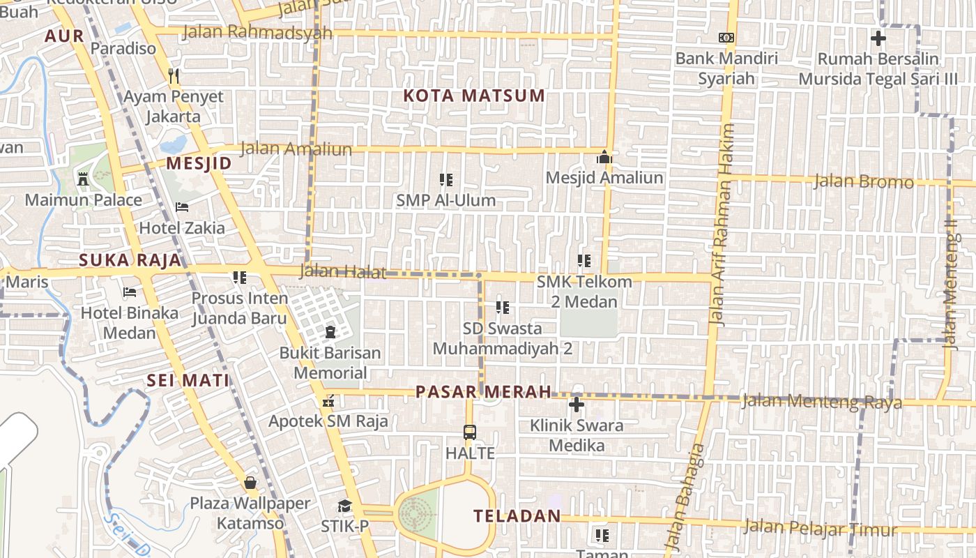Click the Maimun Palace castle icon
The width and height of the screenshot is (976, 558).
coord(83,179)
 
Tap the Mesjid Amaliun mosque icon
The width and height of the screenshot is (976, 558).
coord(604,157)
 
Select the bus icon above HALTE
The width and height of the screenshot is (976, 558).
coord(470,432)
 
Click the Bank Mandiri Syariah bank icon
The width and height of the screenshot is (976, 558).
coord(726,38)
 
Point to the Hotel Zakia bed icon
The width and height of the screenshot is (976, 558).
coord(182,207)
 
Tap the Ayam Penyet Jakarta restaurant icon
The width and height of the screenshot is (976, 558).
coord(174,75)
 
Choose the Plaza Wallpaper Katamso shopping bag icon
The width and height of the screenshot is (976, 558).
coord(250,483)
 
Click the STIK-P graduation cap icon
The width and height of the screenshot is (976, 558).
coord(344,506)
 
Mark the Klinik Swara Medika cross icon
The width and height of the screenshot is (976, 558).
coord(576,405)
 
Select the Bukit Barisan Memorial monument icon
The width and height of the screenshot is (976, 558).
coord(330,332)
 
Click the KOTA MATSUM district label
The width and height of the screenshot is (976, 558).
coord(474,96)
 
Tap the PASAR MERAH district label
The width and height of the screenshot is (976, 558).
coord(484,392)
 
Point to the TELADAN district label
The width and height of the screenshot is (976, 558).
coord(517,516)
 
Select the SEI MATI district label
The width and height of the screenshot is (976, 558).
coord(188,380)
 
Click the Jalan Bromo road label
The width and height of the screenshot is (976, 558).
coord(864,182)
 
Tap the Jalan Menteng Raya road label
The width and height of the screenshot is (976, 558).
coord(822,402)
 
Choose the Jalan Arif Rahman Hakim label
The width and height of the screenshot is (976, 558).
coord(720,225)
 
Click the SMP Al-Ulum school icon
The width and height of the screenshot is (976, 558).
coord(446,180)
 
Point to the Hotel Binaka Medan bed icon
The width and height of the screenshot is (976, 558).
coord(130,292)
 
